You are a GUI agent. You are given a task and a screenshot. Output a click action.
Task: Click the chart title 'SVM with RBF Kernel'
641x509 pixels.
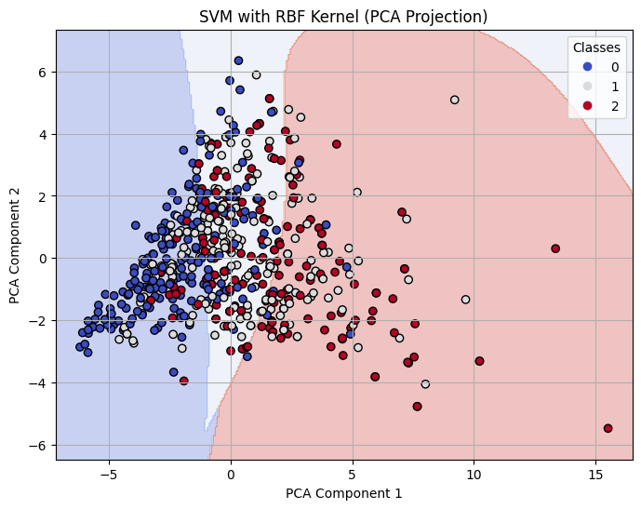pyautogui.click(x=344, y=16)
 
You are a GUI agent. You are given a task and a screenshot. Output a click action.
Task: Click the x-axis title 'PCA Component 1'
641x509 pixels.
pyautogui.click(x=344, y=493)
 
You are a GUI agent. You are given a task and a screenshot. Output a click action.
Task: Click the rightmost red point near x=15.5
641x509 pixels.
pyautogui.click(x=608, y=428)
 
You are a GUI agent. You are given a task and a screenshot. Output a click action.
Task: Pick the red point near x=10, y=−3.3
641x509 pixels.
pyautogui.click(x=479, y=361)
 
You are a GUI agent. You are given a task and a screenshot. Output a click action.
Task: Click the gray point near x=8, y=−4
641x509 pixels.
pyautogui.click(x=425, y=383)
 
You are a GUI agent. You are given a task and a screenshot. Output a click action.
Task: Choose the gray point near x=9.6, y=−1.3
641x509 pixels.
pyautogui.click(x=465, y=300)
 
